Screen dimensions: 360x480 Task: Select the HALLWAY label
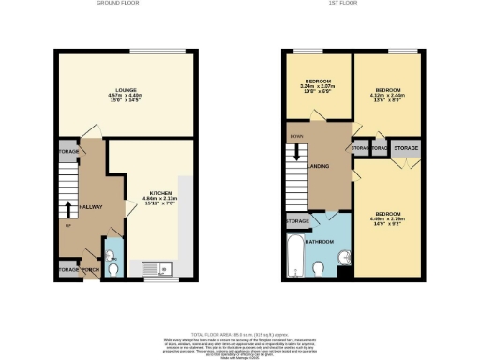(89, 206)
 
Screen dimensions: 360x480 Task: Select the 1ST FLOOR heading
(352, 4)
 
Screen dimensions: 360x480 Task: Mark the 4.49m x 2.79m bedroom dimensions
(387, 221)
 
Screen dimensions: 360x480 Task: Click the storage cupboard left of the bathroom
(298, 221)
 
